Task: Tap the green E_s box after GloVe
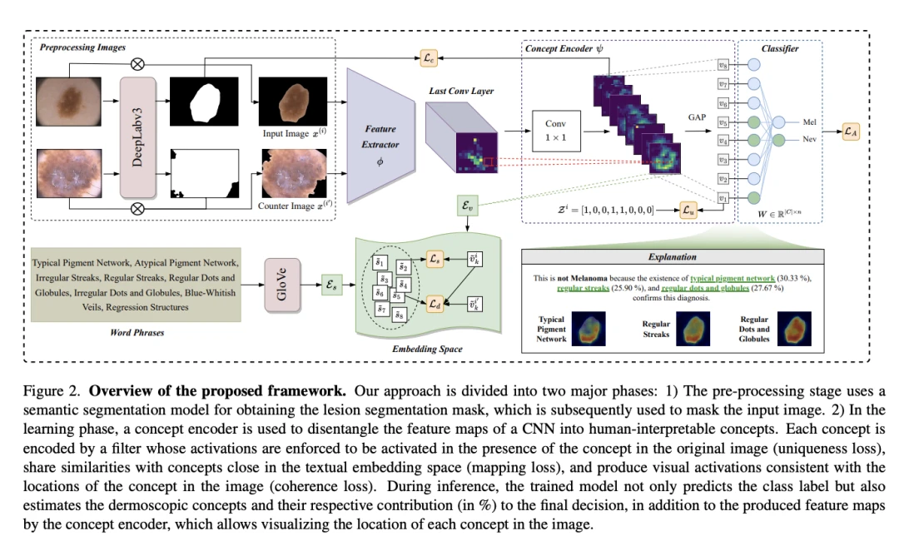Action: click(331, 285)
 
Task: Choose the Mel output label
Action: click(809, 122)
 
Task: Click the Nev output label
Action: click(809, 140)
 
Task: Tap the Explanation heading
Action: click(673, 257)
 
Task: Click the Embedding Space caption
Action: click(427, 348)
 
